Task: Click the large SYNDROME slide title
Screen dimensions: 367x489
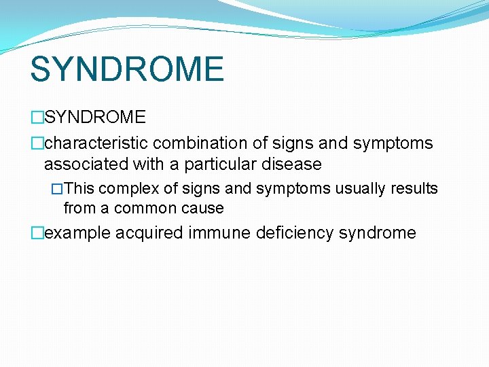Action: pos(127,69)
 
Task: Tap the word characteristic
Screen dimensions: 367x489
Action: pos(96,143)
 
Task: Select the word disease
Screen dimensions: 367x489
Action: pos(292,164)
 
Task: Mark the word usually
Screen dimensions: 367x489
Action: pos(360,188)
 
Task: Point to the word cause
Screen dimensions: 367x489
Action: pos(202,208)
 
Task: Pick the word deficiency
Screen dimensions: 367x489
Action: pos(295,233)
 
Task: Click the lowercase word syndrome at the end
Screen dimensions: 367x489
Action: pos(377,233)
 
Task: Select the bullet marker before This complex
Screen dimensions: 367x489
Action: pos(57,188)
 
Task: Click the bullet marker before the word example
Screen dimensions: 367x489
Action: pos(37,233)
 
